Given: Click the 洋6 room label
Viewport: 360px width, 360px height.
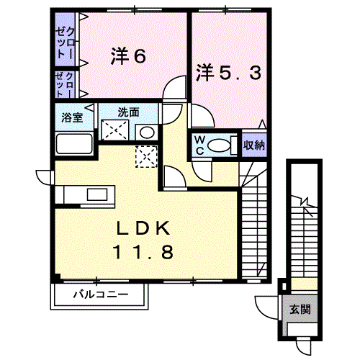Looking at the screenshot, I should click(129, 56).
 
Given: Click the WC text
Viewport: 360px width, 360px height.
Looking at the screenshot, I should click(196, 145).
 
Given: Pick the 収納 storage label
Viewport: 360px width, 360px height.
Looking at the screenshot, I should click(253, 145).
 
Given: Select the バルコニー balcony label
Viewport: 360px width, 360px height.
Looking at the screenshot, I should click(101, 294).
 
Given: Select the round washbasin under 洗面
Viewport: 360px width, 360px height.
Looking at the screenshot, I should click(146, 132).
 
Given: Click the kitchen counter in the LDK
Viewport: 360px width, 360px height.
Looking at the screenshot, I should click(86, 195).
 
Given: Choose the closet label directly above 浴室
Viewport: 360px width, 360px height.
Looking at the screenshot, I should click(65, 85).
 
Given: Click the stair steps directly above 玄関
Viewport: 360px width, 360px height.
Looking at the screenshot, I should click(302, 238).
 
